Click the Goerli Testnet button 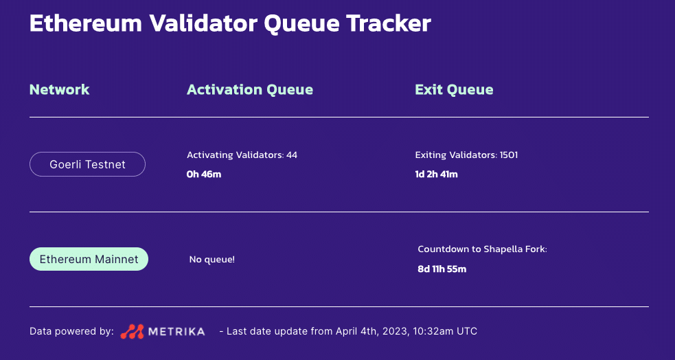click(x=87, y=164)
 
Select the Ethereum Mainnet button click(x=89, y=259)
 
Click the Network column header click(x=59, y=89)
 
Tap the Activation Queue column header click(x=250, y=89)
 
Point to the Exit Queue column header click(x=454, y=89)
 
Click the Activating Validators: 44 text click(x=242, y=155)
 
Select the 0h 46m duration click(x=204, y=174)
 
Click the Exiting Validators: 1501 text click(x=466, y=155)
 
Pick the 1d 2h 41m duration click(x=436, y=174)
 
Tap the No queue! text click(x=212, y=260)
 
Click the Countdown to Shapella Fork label click(x=482, y=249)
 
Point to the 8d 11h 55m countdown click(x=442, y=269)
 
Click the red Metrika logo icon click(x=133, y=331)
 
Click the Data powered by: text click(x=71, y=331)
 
